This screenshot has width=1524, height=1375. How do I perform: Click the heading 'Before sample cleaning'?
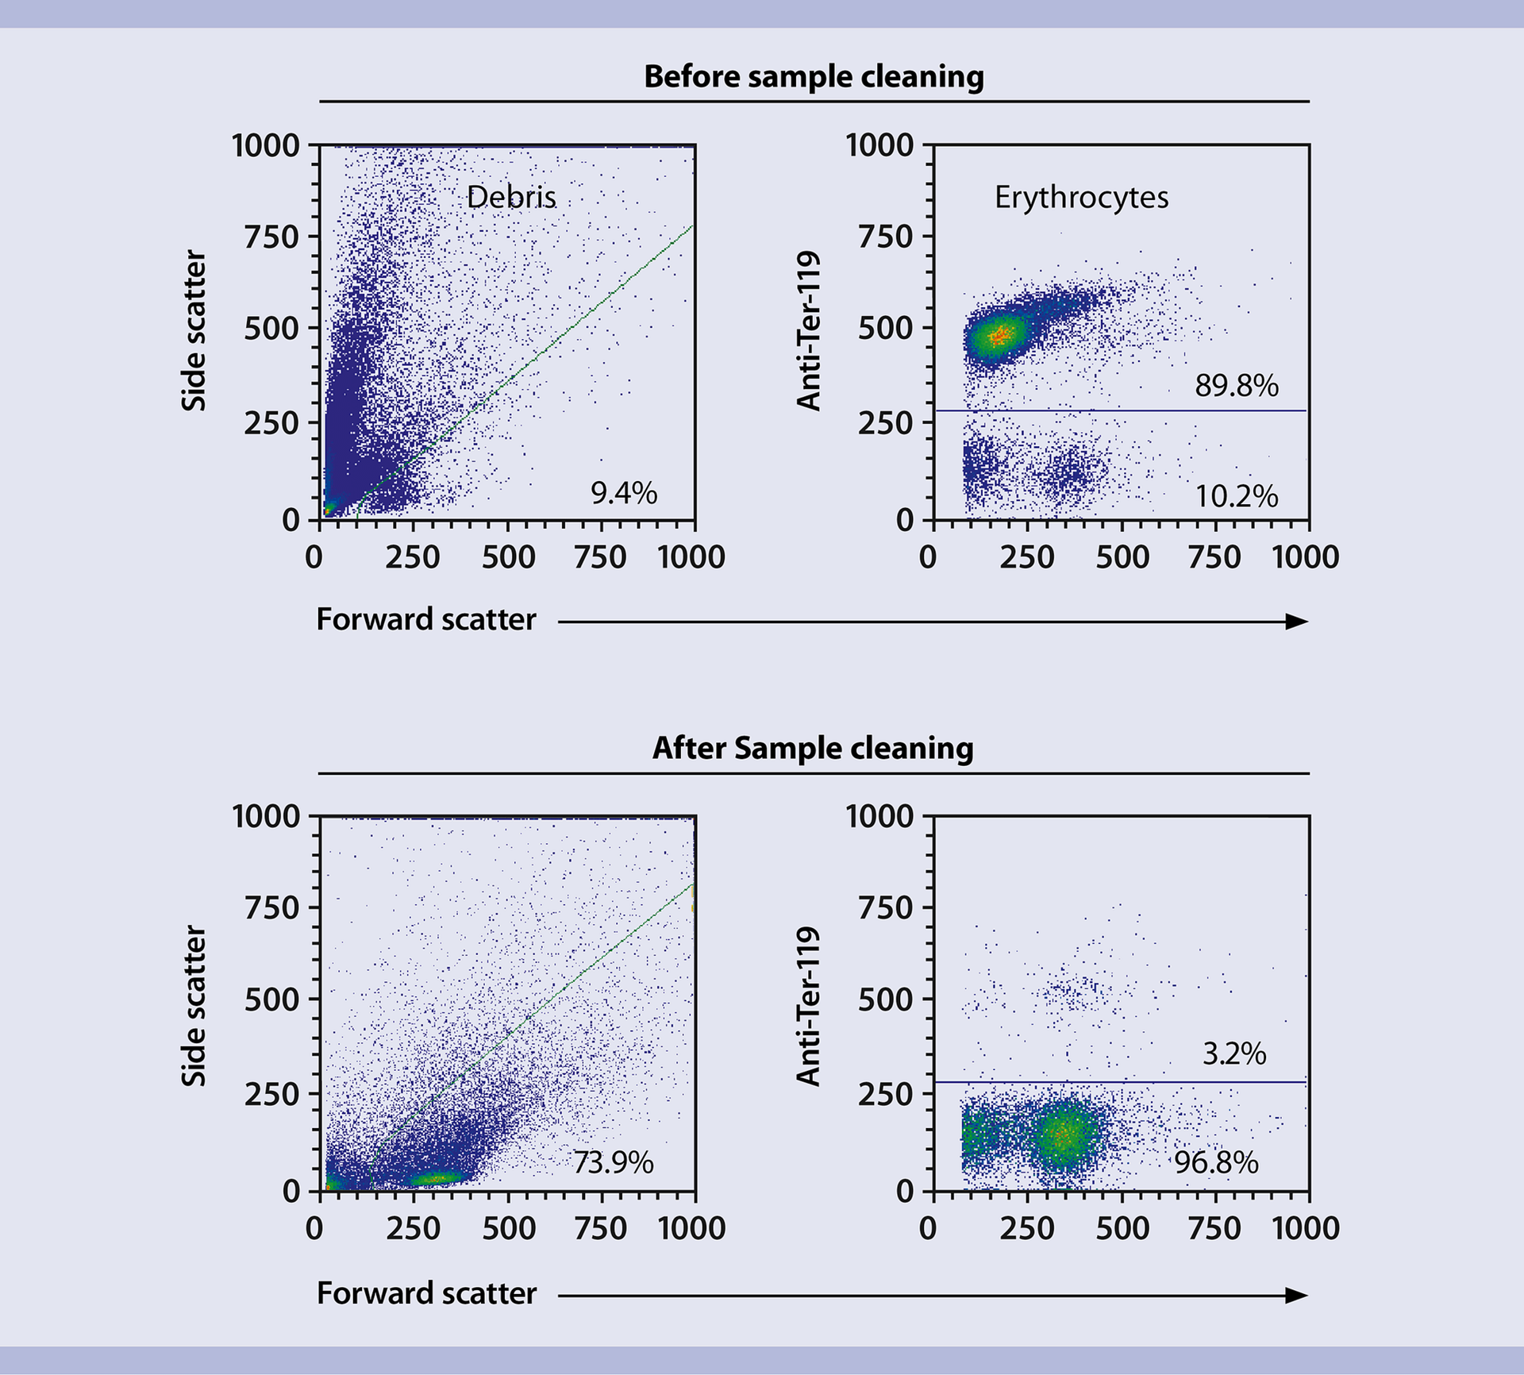tap(814, 77)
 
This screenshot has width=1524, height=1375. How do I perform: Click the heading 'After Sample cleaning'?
tap(813, 748)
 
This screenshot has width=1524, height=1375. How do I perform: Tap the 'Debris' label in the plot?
tap(511, 197)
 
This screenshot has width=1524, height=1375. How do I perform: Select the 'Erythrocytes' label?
tap(1081, 197)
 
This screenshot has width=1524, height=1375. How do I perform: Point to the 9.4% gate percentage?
tap(624, 493)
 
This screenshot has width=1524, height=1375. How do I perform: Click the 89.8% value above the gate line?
tap(1237, 386)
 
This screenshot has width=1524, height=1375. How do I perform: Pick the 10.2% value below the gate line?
tap(1237, 497)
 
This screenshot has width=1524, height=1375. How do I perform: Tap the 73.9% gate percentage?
tap(613, 1163)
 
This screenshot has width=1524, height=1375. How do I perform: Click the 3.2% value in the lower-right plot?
tap(1234, 1053)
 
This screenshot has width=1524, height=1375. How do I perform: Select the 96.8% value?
tap(1216, 1163)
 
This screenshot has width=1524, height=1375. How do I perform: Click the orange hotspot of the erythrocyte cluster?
tap(999, 335)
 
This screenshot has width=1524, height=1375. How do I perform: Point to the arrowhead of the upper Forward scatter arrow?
tap(1297, 622)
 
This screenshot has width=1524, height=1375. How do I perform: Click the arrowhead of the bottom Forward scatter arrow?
tap(1297, 1296)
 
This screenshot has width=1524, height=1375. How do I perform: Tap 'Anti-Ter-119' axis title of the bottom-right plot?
tap(808, 1005)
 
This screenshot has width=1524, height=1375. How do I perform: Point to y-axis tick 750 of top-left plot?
tap(271, 237)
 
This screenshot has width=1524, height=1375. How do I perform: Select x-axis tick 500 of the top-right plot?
tap(1122, 557)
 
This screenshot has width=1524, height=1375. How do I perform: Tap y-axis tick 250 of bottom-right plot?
tap(885, 1094)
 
